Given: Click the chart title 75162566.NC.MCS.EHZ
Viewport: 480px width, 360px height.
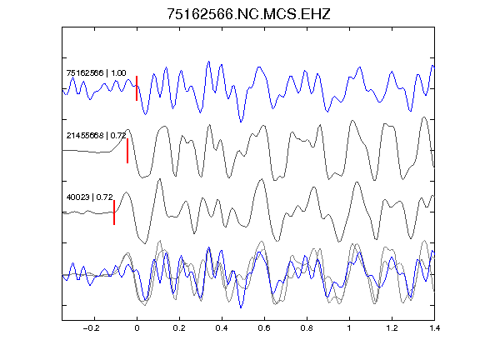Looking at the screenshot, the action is point(248,14).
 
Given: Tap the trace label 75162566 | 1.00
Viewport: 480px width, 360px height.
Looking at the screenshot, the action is point(96,73).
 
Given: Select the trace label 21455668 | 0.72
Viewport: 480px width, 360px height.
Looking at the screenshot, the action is point(96,135).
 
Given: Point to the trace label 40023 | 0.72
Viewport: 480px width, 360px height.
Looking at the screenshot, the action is point(90,197).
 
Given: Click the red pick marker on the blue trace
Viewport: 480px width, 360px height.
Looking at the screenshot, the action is point(137,88).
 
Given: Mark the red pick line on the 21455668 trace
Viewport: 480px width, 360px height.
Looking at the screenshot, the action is point(127,151).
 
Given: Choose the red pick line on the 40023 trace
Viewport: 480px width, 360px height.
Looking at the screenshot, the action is point(114,212).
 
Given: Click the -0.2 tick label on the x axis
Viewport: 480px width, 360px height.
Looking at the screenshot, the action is point(91,328).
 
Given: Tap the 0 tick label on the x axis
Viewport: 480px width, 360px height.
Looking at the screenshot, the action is point(137,328).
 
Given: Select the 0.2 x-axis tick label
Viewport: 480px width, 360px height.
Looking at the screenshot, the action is point(179,328).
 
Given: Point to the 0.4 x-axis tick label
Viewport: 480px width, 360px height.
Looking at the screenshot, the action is point(222,328).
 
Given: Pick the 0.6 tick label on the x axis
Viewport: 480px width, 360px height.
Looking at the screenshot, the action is point(264,328).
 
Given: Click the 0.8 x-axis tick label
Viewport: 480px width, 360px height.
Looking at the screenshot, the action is point(307,328).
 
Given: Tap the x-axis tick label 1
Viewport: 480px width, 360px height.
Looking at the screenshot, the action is point(349,328).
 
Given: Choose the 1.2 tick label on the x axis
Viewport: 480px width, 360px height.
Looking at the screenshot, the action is point(392,328).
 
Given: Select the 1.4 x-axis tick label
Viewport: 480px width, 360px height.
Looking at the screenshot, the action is point(434,328).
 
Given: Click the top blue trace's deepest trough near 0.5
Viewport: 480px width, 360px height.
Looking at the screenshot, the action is point(241,122).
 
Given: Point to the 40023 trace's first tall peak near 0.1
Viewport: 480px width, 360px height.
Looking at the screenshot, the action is point(159,179).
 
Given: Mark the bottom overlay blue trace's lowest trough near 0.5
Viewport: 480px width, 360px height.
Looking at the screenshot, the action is point(241,307).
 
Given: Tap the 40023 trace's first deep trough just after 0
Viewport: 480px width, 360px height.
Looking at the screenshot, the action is point(145,243).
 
